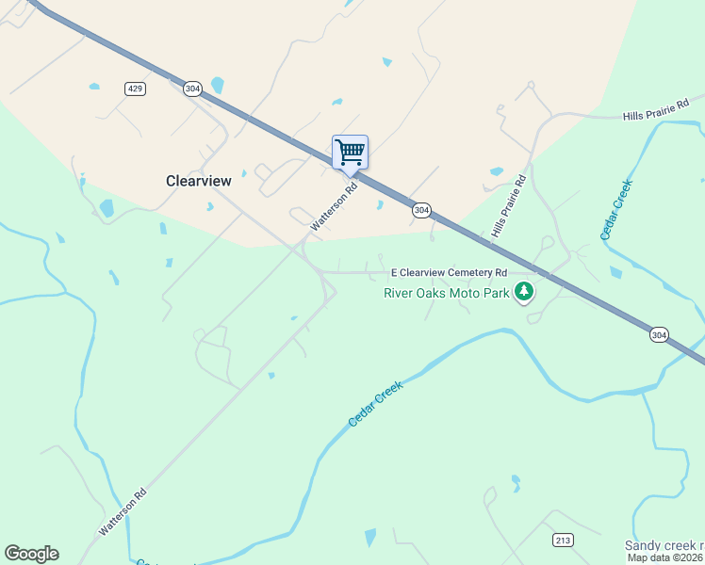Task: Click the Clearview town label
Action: click(198, 181)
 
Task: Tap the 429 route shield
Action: click(134, 88)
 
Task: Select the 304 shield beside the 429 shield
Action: click(192, 88)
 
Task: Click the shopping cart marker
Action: click(350, 152)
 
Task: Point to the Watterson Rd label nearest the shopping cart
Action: click(336, 206)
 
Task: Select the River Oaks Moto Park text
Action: click(446, 292)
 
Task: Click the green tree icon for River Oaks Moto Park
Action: click(524, 293)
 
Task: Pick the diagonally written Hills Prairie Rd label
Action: click(507, 206)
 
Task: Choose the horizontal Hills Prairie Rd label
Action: click(656, 108)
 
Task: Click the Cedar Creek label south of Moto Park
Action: click(375, 405)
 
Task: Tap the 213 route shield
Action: click(563, 541)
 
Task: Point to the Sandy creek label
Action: click(664, 546)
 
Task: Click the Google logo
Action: click(31, 554)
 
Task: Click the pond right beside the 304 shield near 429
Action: click(218, 86)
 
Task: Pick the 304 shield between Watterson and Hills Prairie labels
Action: click(421, 210)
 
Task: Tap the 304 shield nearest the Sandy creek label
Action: click(659, 334)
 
